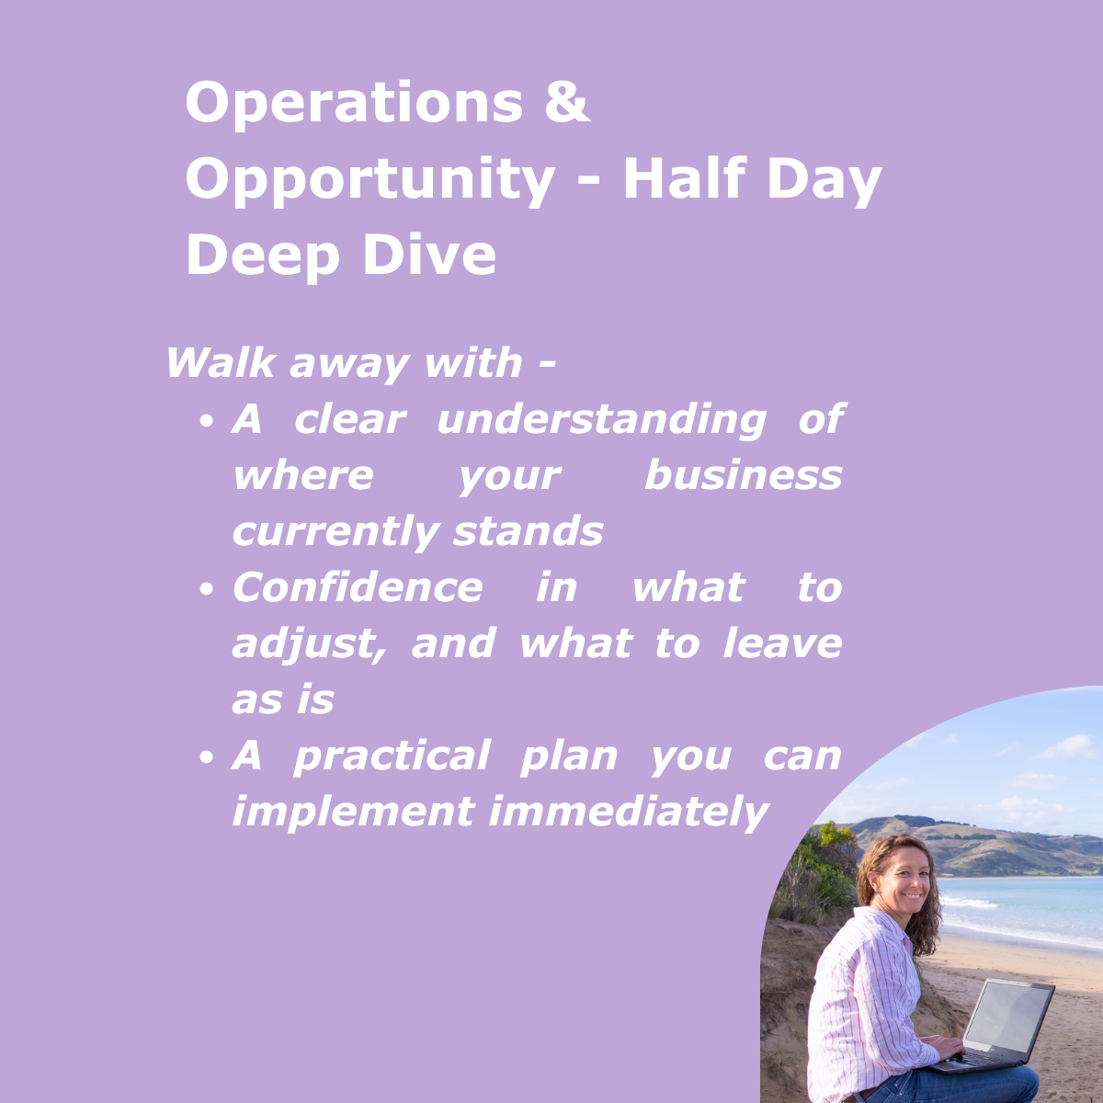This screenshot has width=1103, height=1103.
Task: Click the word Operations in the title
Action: point(353,103)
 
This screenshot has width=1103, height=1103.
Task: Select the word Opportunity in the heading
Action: point(370,180)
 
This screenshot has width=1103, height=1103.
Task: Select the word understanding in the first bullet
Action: point(601,420)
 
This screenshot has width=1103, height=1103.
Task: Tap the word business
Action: point(743,476)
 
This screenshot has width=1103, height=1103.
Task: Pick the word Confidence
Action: point(358,588)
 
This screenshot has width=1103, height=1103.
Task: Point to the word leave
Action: point(782,643)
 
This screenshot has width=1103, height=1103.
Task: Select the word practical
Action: point(392,756)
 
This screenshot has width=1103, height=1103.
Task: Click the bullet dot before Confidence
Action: point(207,590)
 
